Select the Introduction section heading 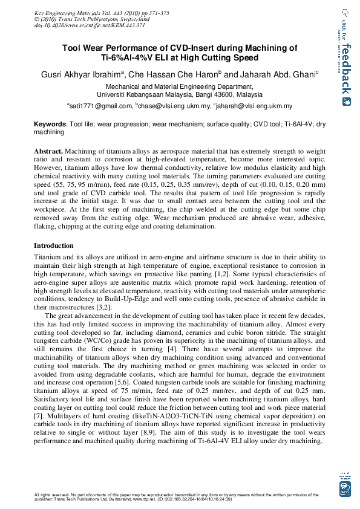54,246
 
